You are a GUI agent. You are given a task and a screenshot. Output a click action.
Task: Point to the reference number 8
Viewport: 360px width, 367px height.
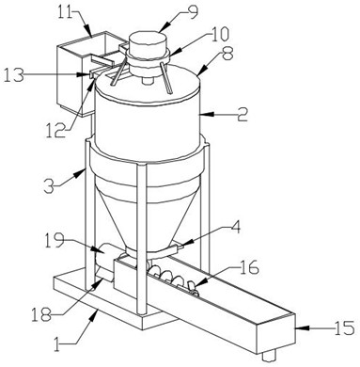tap(227, 54)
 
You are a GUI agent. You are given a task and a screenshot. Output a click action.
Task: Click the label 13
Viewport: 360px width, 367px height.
tap(14, 75)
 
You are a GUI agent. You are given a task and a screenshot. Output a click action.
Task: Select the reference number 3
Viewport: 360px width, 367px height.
tap(50, 185)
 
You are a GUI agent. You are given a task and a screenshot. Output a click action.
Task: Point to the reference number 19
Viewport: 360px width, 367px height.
tap(54, 241)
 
